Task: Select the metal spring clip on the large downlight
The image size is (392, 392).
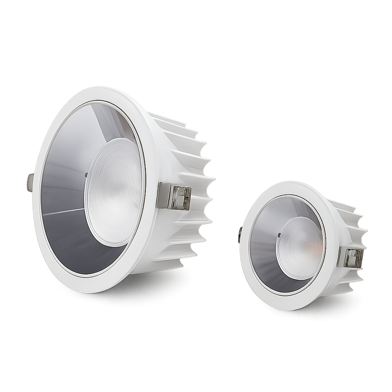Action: click(165, 195)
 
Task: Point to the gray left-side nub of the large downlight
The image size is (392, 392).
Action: click(30, 183)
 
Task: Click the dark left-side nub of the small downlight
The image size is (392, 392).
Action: click(240, 235)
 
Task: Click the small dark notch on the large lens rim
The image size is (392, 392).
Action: click(86, 175)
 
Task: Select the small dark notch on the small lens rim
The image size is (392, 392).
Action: click(279, 235)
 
